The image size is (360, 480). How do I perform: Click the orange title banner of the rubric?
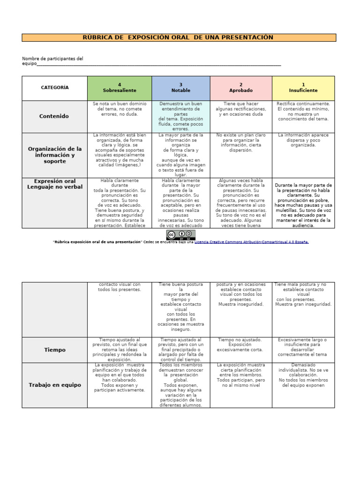coord(179,37)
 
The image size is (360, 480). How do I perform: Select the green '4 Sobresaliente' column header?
coord(119,88)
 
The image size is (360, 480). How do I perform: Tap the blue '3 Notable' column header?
coord(180,88)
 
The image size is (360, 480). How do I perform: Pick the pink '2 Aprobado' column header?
coord(241,88)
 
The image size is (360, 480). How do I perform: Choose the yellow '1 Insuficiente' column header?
coord(303,88)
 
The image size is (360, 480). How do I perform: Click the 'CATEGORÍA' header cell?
coord(54,88)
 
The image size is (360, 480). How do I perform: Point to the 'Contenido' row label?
coord(54,116)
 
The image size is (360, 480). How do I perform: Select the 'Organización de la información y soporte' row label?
coord(54,155)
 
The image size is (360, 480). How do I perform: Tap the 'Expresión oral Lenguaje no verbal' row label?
coord(54,184)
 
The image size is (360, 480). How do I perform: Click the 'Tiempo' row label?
coord(54,350)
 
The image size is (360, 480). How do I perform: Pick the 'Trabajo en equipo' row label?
coord(54,385)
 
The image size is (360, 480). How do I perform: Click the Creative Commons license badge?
coord(180,235)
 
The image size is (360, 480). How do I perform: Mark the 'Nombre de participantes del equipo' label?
coord(52,61)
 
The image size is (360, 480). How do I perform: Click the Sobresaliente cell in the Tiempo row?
coord(119,350)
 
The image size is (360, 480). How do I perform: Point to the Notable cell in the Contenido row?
coord(180,116)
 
